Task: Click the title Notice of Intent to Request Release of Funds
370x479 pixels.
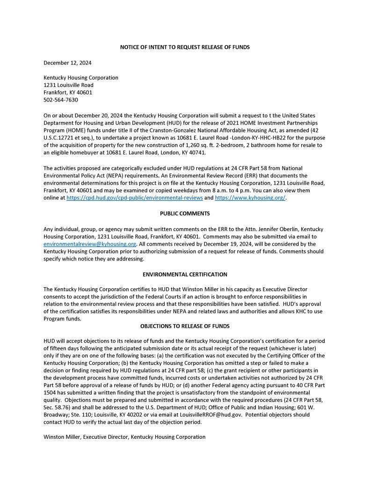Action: tap(185, 47)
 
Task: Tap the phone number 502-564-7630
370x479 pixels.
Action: tap(61, 100)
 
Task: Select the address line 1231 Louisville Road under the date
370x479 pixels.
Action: tap(68, 85)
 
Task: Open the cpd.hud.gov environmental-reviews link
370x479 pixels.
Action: tap(135, 198)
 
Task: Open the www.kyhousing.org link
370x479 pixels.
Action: tap(250, 198)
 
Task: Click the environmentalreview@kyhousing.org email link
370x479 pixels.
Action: tap(90, 244)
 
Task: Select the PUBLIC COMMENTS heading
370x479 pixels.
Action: tap(185, 214)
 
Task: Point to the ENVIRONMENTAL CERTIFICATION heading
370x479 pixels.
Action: tap(185, 275)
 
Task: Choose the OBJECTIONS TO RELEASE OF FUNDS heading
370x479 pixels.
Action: tap(185, 326)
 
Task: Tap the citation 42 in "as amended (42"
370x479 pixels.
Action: tap(320, 131)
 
